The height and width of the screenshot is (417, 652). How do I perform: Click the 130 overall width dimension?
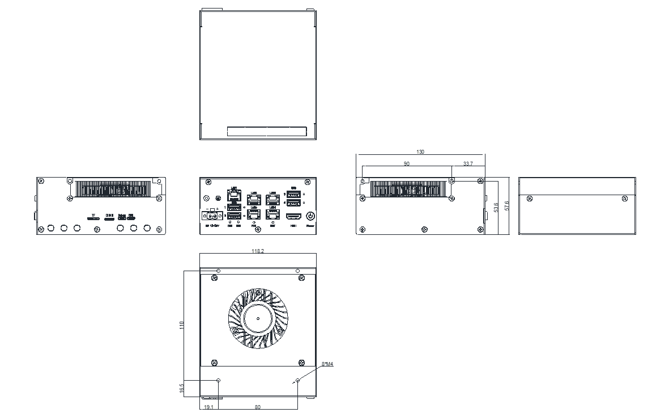420,151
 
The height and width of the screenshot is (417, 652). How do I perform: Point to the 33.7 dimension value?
468,163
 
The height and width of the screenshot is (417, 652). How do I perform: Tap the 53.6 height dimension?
496,207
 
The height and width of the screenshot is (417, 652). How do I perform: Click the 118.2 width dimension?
257,250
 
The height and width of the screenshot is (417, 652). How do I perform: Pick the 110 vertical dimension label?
182,325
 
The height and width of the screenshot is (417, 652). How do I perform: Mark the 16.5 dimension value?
182,389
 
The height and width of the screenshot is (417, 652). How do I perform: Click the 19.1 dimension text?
208,407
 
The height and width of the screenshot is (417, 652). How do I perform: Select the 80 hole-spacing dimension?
258,407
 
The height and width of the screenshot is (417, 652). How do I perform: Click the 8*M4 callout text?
327,364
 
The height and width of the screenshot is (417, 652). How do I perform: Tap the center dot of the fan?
258,318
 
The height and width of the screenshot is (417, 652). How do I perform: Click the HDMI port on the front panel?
293,217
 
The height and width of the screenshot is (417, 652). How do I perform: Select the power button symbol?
310,216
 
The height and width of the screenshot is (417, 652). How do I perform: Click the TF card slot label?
93,216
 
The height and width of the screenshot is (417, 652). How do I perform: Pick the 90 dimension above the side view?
406,163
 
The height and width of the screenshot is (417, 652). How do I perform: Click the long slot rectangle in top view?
267,131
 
